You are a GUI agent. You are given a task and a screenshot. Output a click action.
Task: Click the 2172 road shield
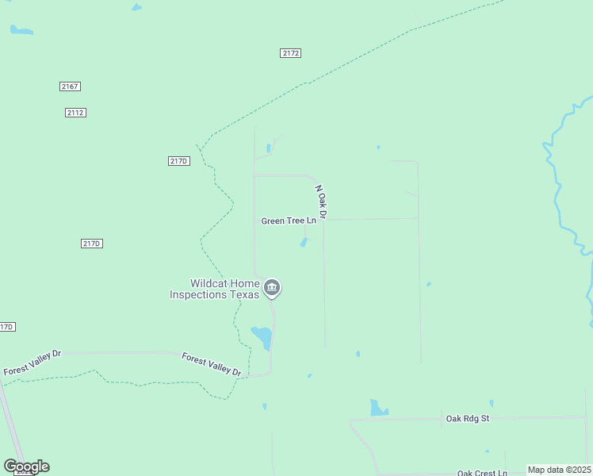pos(290,53)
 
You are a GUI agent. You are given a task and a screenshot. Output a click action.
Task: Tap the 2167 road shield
pos(70,86)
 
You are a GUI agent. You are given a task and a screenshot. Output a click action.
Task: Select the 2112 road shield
pos(75,113)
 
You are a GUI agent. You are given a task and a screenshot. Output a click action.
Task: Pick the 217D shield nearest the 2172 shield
pos(179,161)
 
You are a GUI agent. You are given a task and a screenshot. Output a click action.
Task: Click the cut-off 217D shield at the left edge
pos(6,327)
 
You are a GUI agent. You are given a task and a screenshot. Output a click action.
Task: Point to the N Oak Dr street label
pos(321,202)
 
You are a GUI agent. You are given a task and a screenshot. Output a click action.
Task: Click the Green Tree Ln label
pos(289,221)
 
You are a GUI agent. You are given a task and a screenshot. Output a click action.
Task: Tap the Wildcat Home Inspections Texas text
pos(214,289)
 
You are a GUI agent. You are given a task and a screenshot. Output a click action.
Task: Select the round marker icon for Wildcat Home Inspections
pos(272,288)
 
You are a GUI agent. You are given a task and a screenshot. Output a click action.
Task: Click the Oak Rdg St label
pos(468,418)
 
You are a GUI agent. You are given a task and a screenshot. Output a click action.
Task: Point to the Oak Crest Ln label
pos(482,473)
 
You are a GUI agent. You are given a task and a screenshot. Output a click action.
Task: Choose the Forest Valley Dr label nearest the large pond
pos(212,364)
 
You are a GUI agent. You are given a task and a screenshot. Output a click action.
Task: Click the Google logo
pos(26,466)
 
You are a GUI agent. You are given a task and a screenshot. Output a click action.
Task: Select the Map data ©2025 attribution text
pos(559,470)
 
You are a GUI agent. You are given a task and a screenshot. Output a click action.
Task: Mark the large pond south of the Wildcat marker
pos(262,337)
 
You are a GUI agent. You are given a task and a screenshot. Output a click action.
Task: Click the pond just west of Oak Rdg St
pos(378,409)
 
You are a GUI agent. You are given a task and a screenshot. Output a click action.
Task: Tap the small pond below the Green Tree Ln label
pos(304,242)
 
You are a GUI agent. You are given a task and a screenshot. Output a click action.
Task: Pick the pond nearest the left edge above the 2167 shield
pos(21,31)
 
